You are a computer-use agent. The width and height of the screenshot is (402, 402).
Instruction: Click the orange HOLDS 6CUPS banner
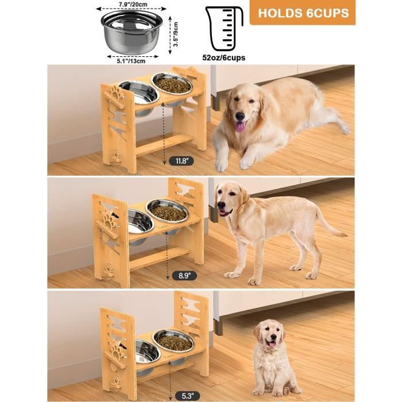point(304,13)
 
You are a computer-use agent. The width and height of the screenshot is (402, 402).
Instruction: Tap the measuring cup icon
point(224,28)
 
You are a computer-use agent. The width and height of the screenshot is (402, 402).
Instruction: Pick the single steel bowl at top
point(132,30)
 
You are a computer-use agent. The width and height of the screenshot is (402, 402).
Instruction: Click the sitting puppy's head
point(269,335)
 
